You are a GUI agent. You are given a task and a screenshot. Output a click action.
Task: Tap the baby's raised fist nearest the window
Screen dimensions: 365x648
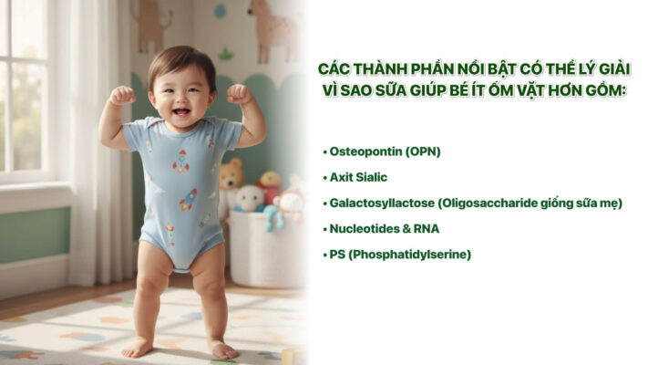(x=121, y=95)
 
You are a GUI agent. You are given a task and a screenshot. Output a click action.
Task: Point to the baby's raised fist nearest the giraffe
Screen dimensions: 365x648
(x=239, y=93)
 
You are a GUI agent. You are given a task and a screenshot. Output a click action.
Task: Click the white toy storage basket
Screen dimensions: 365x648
(x=264, y=246)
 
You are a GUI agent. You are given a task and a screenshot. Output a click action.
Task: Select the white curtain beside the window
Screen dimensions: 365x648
(x=91, y=137)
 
